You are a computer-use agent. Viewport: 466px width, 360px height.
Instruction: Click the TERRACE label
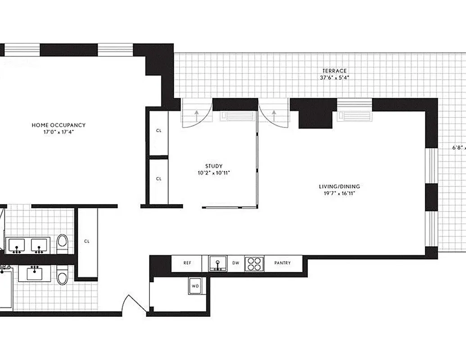[x=334, y=71]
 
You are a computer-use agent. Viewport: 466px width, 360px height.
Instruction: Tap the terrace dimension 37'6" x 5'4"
[x=334, y=77]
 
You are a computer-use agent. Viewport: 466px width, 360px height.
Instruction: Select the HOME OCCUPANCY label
[x=59, y=125]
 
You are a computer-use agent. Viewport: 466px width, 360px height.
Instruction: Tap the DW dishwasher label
[x=236, y=263]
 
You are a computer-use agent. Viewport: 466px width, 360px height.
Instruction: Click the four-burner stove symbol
[x=254, y=263]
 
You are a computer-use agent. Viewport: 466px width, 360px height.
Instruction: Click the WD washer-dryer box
[x=195, y=286]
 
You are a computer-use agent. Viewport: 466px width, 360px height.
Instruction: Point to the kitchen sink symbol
[x=218, y=263]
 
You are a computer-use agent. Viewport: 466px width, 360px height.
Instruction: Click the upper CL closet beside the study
[x=158, y=131]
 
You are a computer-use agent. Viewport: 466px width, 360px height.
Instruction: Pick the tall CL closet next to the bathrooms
[x=87, y=241]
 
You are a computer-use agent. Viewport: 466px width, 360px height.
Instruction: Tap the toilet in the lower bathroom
[x=62, y=274]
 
